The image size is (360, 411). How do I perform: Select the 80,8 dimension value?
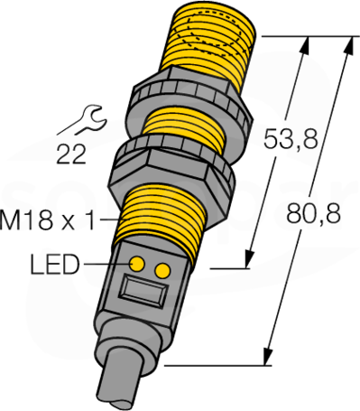pyautogui.click(x=313, y=213)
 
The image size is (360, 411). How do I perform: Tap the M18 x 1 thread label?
pyautogui.click(x=47, y=220)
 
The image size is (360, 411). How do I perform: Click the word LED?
pyautogui.click(x=55, y=264)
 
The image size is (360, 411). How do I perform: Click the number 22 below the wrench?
pyautogui.click(x=71, y=154)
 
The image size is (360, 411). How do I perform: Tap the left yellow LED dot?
pyautogui.click(x=137, y=265)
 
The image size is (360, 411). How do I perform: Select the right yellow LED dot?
pyautogui.click(x=162, y=270)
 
